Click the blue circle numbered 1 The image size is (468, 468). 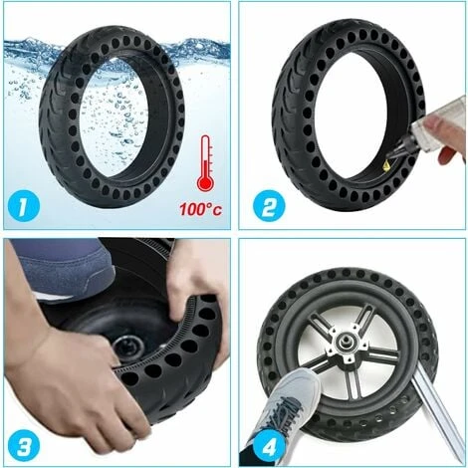tap(23, 209)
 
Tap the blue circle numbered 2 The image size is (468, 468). tap(269, 207)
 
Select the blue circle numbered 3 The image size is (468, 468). tap(23, 444)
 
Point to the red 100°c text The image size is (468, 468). tap(201, 209)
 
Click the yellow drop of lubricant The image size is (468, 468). tap(386, 165)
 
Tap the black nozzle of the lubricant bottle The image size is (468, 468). tap(400, 152)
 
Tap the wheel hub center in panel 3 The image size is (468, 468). tap(127, 346)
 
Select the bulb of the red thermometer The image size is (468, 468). tap(205, 182)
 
